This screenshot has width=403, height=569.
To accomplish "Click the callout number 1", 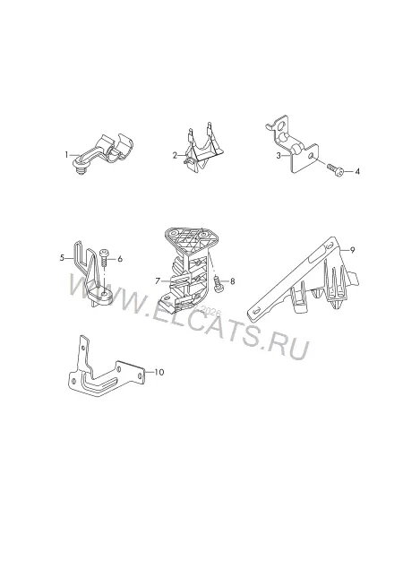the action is (x=66, y=155).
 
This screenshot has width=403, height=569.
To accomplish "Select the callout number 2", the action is (x=176, y=156).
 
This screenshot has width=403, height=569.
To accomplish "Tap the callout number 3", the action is (x=279, y=156).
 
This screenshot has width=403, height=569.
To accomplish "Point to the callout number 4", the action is (x=357, y=171).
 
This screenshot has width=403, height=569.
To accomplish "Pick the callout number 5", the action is (x=62, y=258).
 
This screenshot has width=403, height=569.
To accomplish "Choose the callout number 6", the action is (x=120, y=259).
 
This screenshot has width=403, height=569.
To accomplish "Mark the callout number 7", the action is (x=158, y=280).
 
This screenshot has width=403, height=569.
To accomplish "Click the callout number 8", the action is (x=232, y=281).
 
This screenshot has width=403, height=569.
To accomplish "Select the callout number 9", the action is (x=352, y=250).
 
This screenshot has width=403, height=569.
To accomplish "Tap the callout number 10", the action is (x=159, y=372).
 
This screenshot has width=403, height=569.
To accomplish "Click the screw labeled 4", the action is (x=335, y=170).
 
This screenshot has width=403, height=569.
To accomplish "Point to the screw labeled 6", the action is (x=103, y=257).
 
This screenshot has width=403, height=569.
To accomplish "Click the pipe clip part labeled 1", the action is (x=103, y=153).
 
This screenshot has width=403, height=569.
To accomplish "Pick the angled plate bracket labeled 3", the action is (x=293, y=144).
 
